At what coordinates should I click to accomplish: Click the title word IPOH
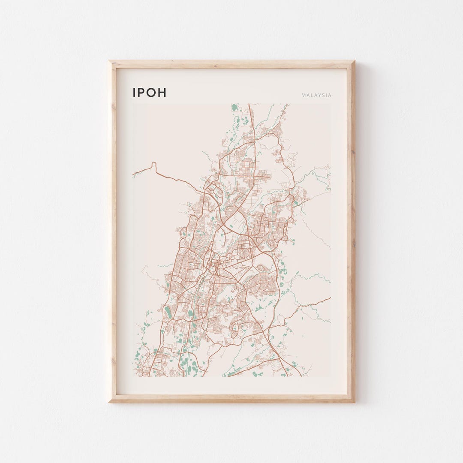coord(149,93)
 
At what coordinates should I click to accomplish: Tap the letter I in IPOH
coord(135,93)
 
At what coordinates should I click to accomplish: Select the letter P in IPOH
coord(141,93)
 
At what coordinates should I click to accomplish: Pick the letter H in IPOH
coord(162,93)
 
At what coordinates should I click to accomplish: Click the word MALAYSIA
coord(316,96)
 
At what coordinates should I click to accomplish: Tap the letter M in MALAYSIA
coord(303,96)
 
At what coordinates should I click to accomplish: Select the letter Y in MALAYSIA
coord(319,96)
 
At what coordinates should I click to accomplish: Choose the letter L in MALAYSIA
coord(311,96)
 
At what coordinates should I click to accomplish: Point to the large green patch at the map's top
coord(235,107)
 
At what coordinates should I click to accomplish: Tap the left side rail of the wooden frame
coord(112,231)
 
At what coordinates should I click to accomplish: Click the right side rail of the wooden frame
coord(352,231)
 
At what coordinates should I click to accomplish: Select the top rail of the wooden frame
coord(231,64)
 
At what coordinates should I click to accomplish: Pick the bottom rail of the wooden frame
coord(231,399)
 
